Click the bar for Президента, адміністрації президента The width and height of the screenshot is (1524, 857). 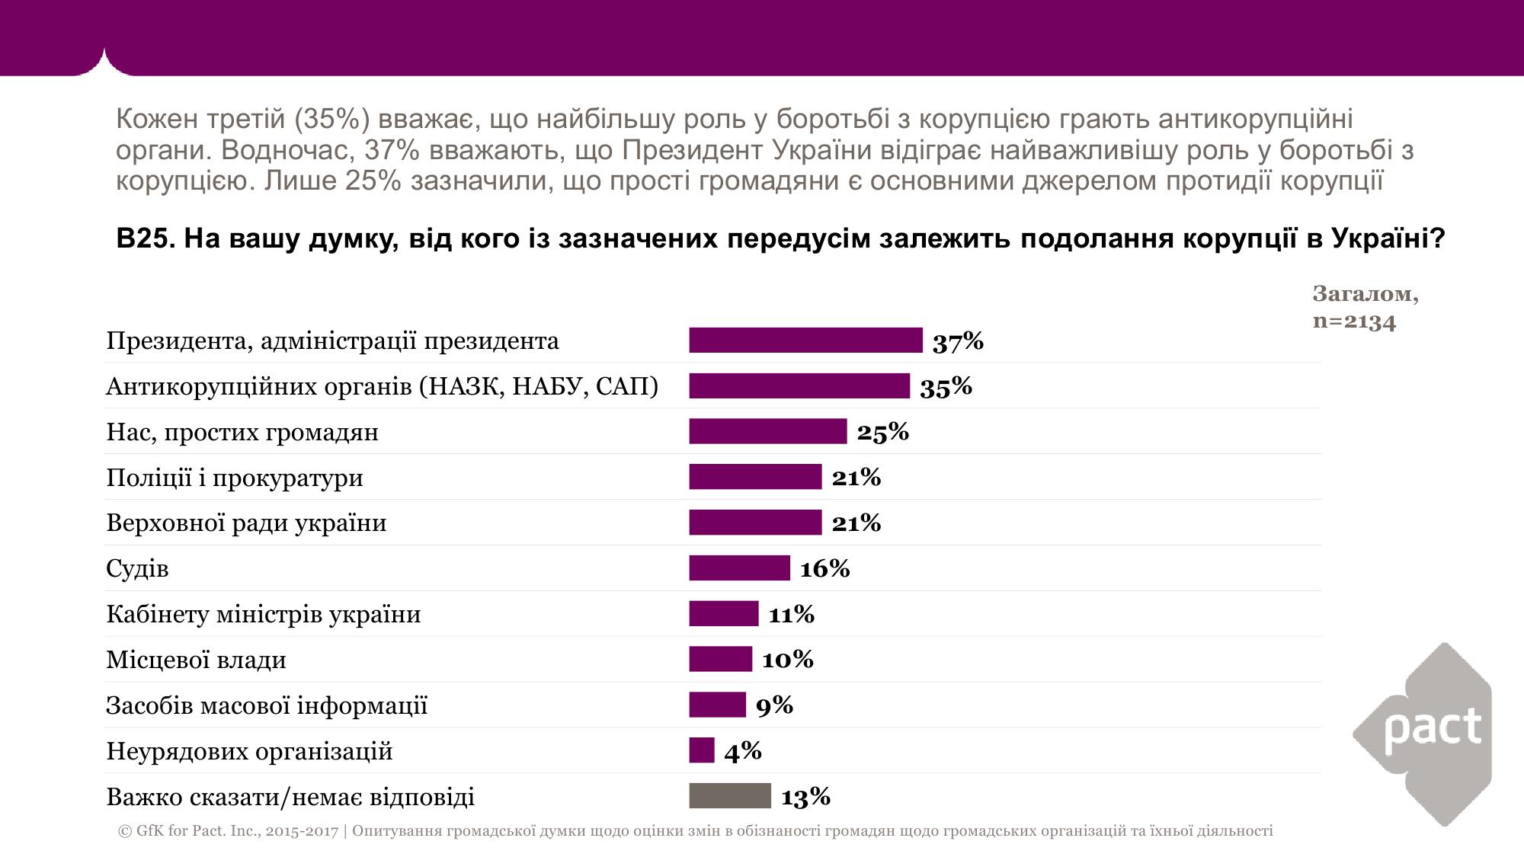coord(805,341)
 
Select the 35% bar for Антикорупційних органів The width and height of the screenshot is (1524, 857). coord(799,386)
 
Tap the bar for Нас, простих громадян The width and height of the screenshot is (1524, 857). coord(767,431)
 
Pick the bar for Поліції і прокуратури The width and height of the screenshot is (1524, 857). coord(755,477)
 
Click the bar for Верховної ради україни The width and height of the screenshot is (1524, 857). coord(755,523)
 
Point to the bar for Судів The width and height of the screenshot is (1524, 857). coord(739,568)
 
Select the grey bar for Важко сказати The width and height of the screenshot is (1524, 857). coord(730,796)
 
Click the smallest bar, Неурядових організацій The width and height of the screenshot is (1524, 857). coord(702,750)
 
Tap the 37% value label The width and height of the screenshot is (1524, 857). coord(958,342)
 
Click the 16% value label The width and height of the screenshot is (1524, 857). coord(824,569)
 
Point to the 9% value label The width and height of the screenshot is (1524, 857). coord(774,706)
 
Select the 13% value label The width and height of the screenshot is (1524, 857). coord(805,798)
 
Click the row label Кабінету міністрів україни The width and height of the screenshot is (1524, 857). coord(263,614)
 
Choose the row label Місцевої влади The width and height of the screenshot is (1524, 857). coord(196,660)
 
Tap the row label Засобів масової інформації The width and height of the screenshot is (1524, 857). coord(267,705)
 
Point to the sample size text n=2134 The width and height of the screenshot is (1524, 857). coord(1354,321)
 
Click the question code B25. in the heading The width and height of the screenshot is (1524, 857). coord(146,239)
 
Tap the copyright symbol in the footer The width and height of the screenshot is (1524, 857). coord(125,831)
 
